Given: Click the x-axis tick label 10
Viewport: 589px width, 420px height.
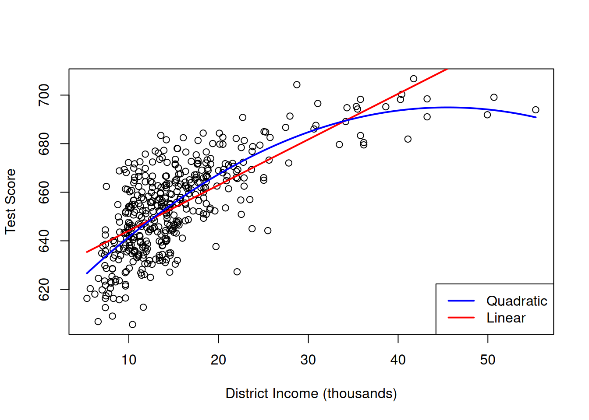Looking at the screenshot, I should point(129,360).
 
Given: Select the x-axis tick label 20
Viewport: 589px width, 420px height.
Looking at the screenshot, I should point(218,360).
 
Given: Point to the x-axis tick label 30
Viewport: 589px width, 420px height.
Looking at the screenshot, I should point(308,360).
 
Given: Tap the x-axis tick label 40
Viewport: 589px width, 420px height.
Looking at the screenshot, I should point(398,360).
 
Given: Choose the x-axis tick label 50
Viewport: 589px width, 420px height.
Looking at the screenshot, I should point(487,360).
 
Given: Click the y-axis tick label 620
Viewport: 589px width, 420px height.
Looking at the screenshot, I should point(44,290).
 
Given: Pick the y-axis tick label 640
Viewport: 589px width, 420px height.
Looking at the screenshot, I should point(44,241).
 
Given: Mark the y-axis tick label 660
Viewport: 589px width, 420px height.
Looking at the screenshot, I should point(44,192).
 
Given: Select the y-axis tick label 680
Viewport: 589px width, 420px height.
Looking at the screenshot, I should point(44,144).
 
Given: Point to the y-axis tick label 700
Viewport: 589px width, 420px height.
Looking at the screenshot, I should point(44,95).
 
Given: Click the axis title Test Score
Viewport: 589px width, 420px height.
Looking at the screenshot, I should point(11,201).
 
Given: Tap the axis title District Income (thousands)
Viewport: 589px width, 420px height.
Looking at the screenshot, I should point(311,394).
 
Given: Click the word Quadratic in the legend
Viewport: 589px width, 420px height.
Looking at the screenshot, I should point(517,301).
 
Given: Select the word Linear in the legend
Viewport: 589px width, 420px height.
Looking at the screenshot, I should point(506,318).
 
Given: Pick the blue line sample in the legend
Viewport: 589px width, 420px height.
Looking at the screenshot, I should point(461,301).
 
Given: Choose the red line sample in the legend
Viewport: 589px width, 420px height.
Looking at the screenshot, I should point(461,318).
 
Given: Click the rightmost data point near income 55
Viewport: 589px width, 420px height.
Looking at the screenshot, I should point(536,110).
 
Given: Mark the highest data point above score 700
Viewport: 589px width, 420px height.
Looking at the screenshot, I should point(414,79).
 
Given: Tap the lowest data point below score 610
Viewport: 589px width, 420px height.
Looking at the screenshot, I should point(132,325).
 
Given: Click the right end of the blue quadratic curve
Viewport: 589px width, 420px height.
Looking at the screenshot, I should point(536,117).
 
